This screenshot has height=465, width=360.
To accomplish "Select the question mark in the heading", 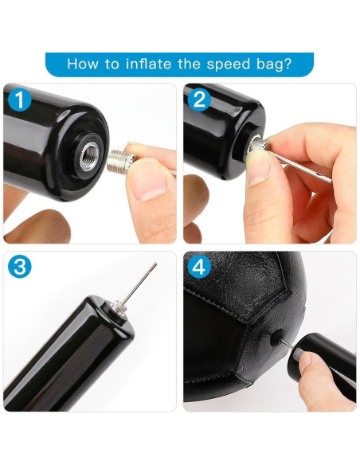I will [x=288, y=64].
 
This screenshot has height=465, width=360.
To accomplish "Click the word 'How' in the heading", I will [x=82, y=64].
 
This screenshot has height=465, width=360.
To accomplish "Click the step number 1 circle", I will [x=20, y=100].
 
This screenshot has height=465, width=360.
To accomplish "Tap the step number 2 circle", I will [x=200, y=100].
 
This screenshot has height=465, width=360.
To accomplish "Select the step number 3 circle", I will [x=20, y=268].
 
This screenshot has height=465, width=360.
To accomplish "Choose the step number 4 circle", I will [x=200, y=268].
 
